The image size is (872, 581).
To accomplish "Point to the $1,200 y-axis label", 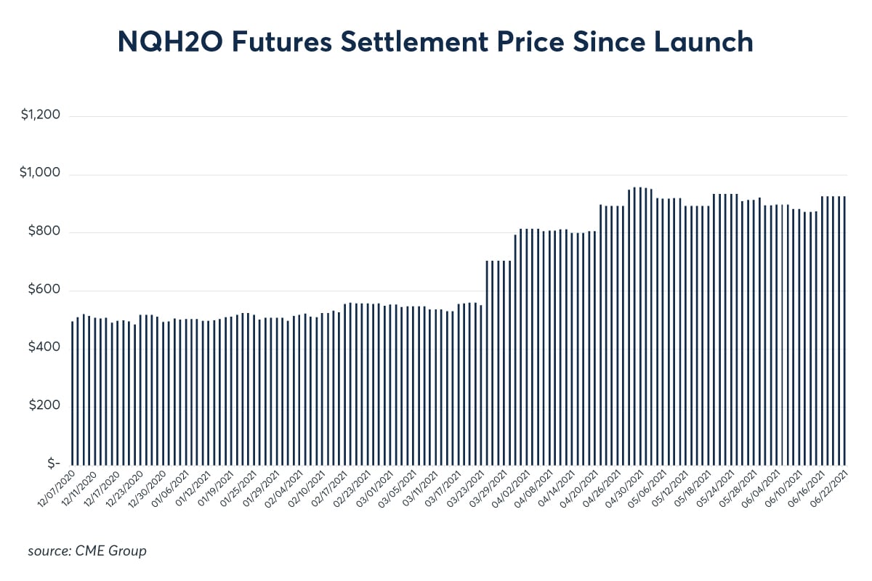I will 41,116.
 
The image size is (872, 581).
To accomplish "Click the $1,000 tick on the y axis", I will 41,175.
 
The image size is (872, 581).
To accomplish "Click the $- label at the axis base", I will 51,463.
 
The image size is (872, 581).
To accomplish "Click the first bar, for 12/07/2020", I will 73,393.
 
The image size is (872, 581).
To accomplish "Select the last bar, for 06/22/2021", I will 845,330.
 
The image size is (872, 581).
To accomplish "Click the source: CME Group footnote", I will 87,551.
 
